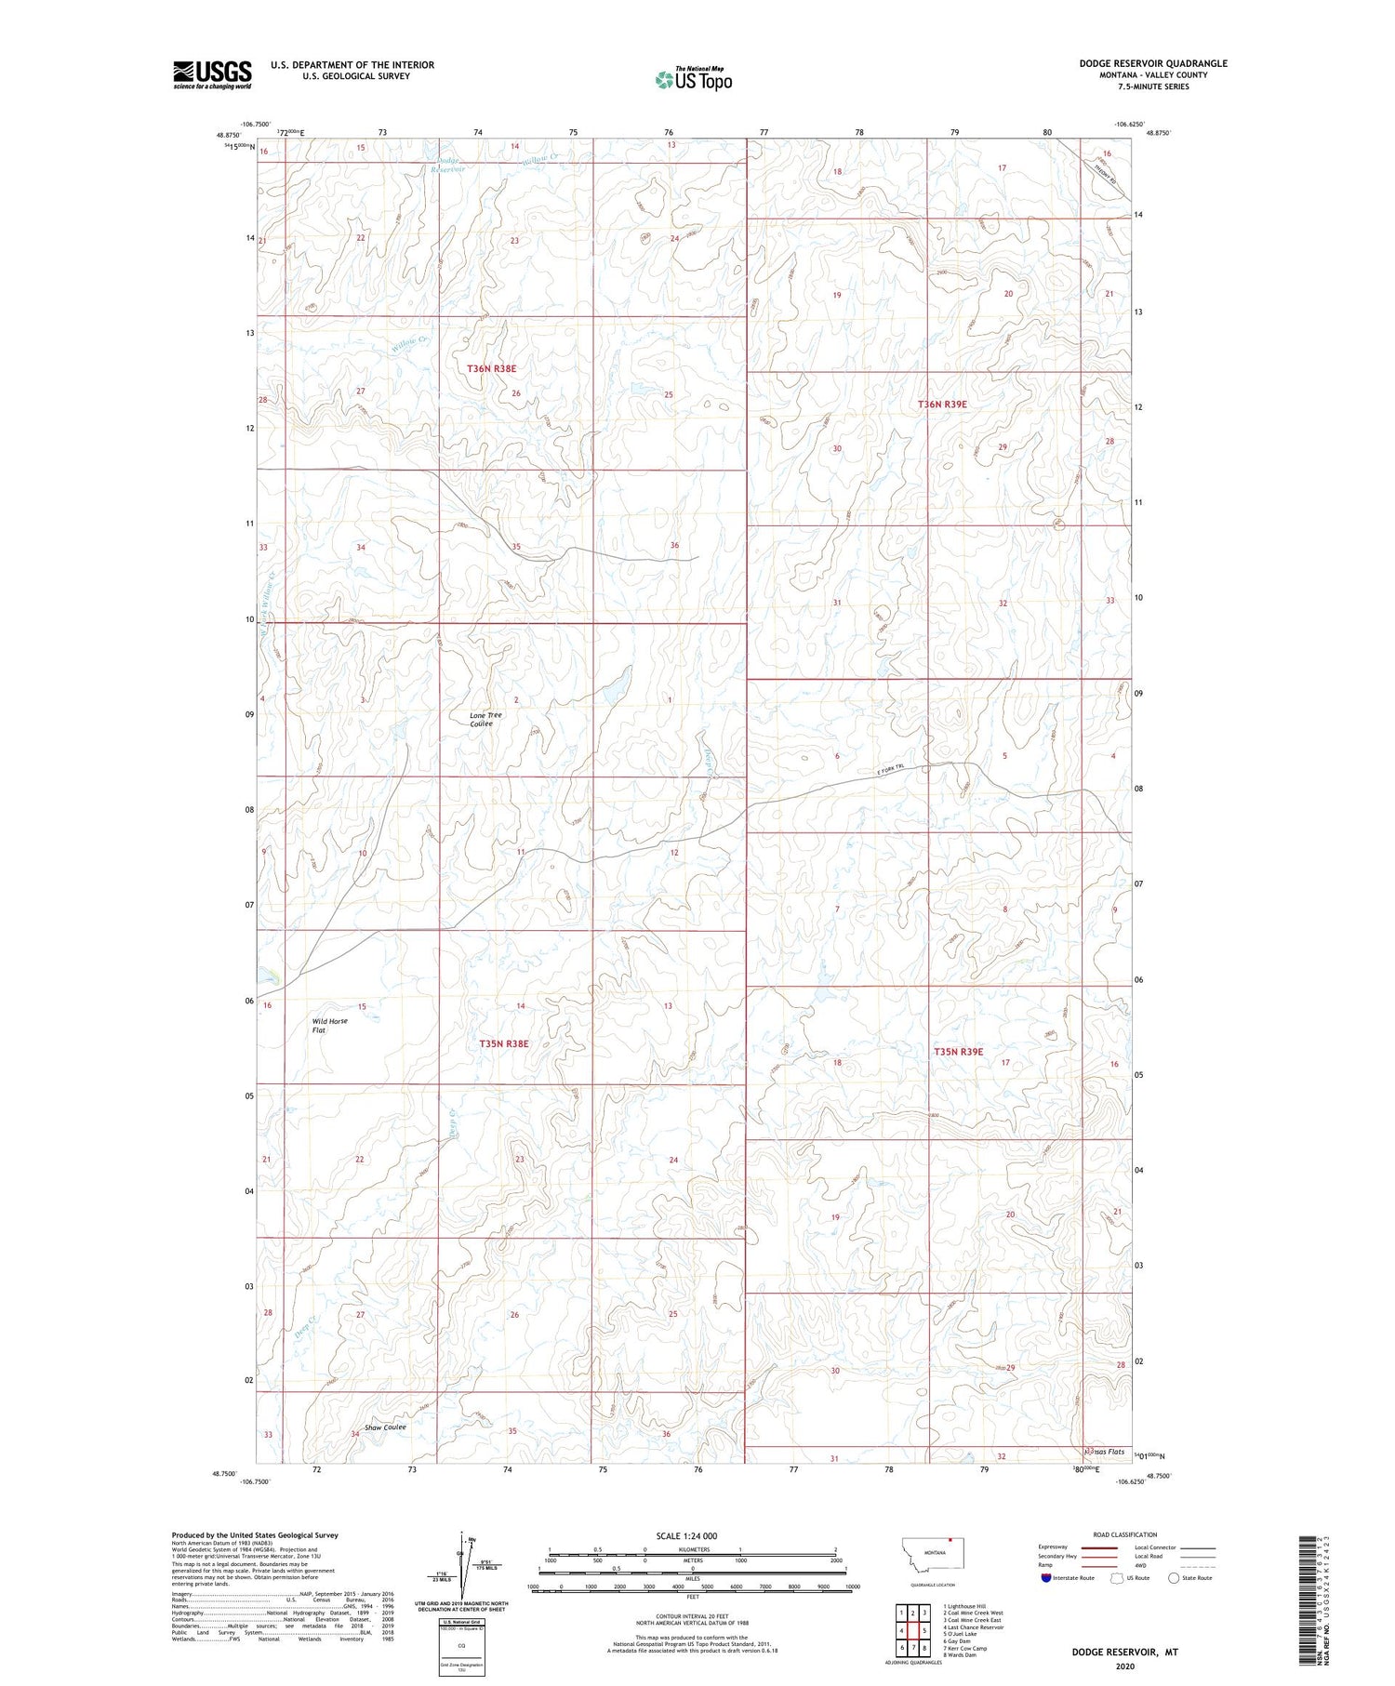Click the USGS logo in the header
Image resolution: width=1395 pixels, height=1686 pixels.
pos(212,74)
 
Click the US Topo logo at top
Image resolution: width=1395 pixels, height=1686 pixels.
pos(694,79)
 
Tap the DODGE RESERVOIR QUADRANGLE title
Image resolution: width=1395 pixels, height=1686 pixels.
pos(1152,63)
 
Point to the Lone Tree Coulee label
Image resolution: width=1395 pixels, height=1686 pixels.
pos(485,719)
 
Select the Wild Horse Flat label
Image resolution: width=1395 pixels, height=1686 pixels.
pos(329,1026)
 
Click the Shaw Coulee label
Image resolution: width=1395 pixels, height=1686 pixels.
pos(385,1427)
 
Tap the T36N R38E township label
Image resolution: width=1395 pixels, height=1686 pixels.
pos(491,369)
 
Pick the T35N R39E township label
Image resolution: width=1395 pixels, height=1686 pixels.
pos(958,1052)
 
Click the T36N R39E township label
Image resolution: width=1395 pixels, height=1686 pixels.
pos(942,405)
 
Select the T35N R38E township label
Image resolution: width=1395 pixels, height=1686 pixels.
pos(503,1044)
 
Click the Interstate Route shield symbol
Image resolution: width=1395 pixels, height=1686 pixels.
pos(1046,1577)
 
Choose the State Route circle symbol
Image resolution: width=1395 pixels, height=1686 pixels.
pos(1174,1577)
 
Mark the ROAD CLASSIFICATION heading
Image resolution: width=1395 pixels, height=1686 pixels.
pos(1125,1534)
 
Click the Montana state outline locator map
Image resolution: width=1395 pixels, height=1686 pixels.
pos(935,1554)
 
